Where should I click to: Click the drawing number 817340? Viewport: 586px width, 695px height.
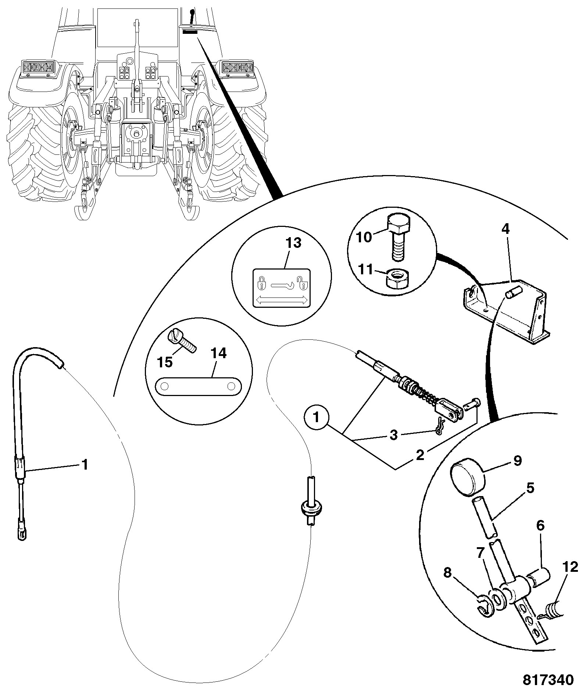tap(548, 680)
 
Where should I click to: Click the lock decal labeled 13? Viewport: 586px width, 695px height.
tap(282, 288)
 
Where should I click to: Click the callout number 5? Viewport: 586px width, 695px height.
tap(530, 488)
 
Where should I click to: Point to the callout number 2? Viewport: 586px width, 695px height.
tap(420, 455)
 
